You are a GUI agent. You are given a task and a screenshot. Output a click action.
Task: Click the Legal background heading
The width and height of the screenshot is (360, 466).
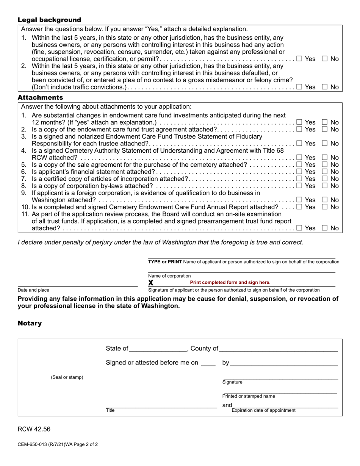(49, 20)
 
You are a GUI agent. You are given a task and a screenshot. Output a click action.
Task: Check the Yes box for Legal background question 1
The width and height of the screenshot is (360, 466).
(299, 59)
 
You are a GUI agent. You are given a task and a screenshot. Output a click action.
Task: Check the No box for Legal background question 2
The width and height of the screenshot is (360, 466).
(325, 87)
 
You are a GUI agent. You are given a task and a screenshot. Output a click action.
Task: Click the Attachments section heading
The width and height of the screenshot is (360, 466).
(41, 98)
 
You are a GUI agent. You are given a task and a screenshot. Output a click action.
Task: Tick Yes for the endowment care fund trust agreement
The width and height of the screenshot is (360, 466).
(299, 130)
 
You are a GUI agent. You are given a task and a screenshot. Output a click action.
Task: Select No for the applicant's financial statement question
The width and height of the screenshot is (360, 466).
(325, 172)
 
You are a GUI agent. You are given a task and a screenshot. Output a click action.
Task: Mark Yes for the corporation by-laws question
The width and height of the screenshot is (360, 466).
(299, 186)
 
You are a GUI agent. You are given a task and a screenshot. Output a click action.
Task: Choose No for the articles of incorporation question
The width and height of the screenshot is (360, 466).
(325, 179)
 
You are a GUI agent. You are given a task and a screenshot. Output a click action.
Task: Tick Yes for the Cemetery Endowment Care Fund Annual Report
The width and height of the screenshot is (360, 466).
(299, 207)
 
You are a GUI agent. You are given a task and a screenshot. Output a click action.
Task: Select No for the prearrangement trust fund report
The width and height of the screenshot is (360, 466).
(325, 228)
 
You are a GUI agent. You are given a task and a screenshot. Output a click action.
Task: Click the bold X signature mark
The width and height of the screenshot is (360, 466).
(151, 283)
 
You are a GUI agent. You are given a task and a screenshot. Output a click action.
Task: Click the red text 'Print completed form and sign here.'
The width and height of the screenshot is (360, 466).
(230, 283)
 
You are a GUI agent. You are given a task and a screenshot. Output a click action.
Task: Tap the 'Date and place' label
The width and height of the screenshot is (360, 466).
(33, 290)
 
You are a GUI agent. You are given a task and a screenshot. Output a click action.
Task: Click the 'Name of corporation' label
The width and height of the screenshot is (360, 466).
(169, 276)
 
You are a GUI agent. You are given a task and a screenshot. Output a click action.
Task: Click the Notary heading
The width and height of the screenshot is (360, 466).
(30, 324)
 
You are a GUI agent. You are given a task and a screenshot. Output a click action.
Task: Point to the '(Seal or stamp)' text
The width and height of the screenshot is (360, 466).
(67, 377)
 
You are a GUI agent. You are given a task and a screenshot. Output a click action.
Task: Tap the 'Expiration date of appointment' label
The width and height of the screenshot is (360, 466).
(263, 410)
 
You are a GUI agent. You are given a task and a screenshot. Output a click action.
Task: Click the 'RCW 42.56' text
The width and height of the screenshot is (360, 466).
(34, 429)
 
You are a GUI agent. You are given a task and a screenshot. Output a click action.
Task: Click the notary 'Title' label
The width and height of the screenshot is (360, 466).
(110, 410)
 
